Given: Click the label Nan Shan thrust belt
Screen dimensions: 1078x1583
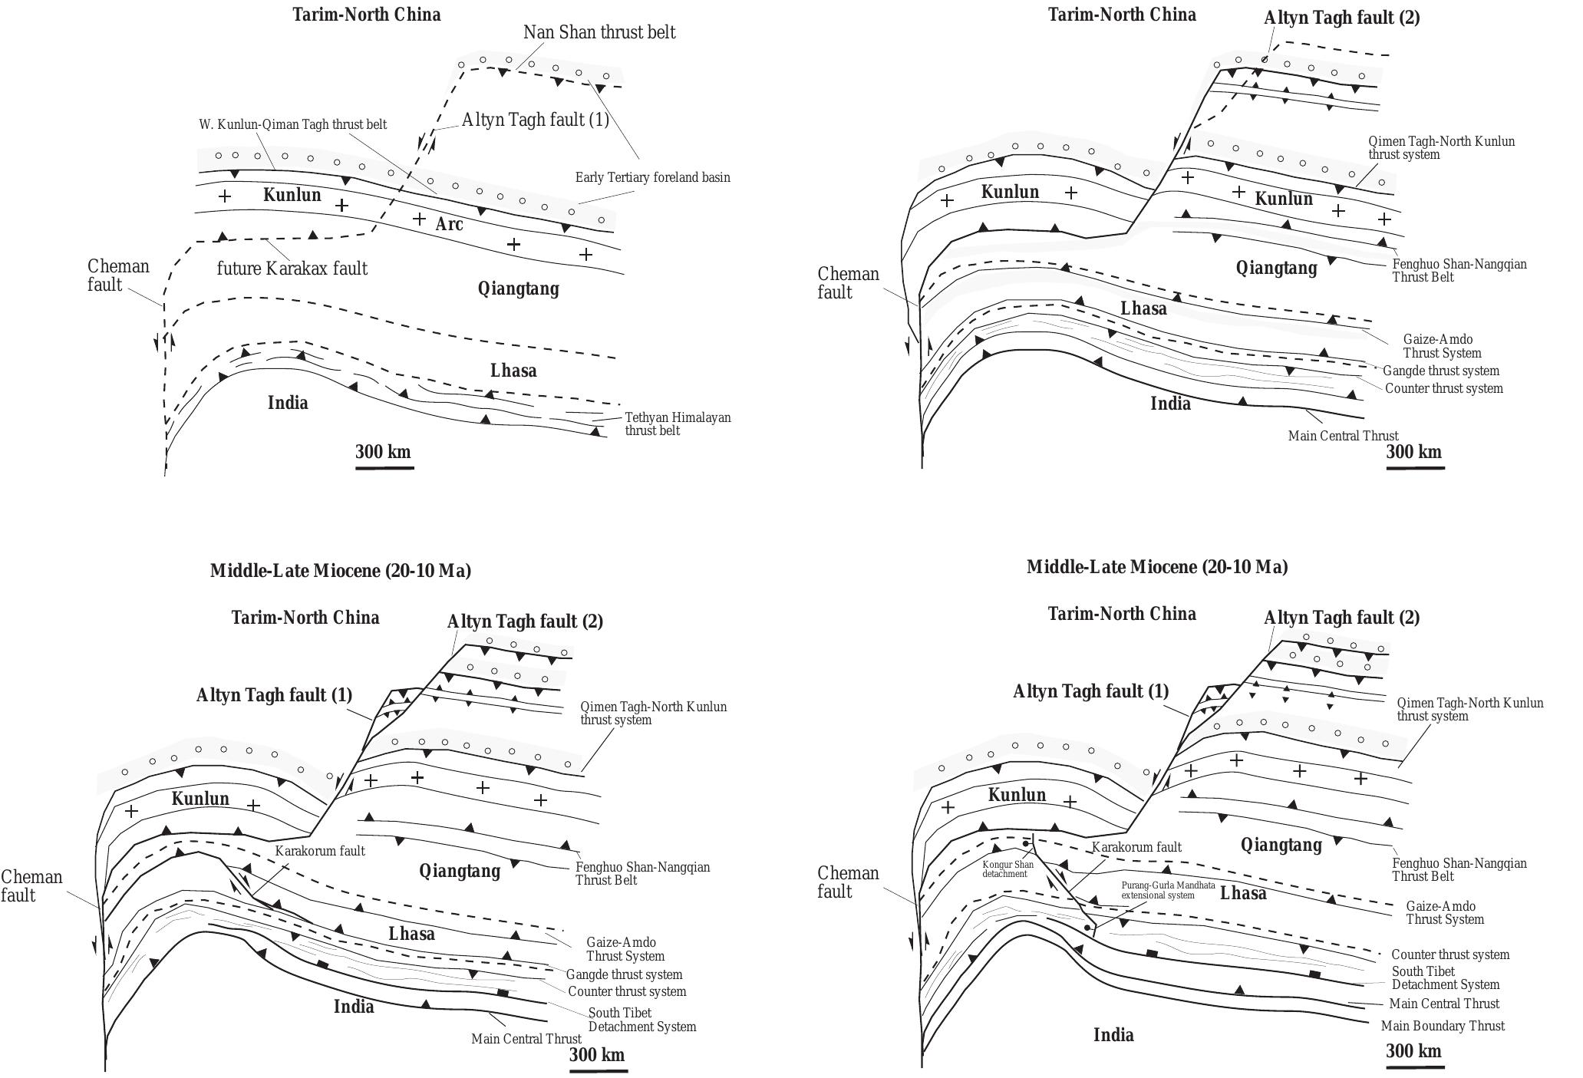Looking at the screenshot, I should (x=599, y=32).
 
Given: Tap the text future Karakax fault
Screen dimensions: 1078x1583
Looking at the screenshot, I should (x=292, y=269).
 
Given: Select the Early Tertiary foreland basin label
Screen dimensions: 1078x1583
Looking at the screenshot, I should (x=652, y=177).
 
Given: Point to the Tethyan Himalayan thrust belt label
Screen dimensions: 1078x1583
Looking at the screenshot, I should (x=678, y=424).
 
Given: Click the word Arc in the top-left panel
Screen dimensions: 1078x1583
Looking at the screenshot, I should (x=450, y=224).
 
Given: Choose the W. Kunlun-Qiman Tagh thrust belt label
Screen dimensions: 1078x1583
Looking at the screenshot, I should (x=292, y=124).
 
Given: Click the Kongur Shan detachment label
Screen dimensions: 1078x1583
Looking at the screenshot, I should (x=1008, y=869).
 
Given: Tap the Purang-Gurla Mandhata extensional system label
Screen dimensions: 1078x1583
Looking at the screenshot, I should (x=1168, y=890).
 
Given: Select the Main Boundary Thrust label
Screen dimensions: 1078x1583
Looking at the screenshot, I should (x=1443, y=1026).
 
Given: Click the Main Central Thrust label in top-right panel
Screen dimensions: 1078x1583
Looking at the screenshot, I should (x=1343, y=436).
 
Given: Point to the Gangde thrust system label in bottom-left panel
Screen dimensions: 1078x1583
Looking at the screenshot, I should (x=624, y=974).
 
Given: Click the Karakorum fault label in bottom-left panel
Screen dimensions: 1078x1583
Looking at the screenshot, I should (x=320, y=851).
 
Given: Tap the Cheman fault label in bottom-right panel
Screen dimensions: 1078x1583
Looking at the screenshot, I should (x=847, y=882).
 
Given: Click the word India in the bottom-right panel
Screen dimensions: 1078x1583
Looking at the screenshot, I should (x=1113, y=1035).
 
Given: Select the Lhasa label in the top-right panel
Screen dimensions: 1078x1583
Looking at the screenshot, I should (x=1143, y=308).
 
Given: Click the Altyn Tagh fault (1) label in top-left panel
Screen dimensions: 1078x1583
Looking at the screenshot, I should (x=535, y=120).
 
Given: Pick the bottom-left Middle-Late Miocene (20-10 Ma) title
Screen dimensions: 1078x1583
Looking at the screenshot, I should (x=340, y=571).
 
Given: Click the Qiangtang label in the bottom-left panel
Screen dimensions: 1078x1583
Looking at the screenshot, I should (x=459, y=871).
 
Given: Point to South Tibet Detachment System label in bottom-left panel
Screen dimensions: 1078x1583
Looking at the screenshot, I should (x=641, y=1020).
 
